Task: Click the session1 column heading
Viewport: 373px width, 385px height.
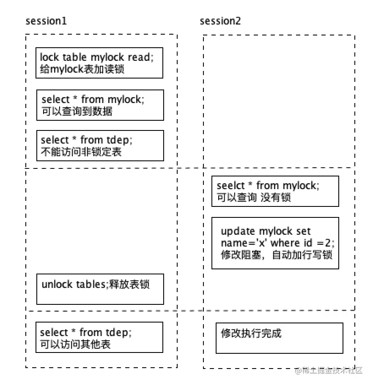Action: [46, 21]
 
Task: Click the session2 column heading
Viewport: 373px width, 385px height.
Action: [220, 21]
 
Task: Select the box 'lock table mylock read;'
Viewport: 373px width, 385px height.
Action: [99, 63]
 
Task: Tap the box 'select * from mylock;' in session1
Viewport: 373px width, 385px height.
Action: [100, 105]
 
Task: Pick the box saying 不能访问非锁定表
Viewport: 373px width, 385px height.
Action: [100, 146]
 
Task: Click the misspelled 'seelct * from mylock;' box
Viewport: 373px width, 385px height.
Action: [275, 191]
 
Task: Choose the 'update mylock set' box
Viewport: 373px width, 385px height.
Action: [275, 243]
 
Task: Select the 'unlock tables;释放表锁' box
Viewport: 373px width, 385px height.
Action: [100, 289]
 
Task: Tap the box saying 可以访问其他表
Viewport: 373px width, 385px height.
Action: [99, 338]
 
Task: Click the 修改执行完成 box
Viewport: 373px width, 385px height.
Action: [279, 338]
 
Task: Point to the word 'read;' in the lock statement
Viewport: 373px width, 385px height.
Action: [140, 57]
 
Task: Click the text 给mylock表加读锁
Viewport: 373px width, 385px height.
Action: [82, 69]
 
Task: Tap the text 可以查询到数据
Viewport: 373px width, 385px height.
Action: [77, 111]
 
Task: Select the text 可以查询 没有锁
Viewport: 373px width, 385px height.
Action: [254, 197]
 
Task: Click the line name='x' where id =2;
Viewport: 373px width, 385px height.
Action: [277, 243]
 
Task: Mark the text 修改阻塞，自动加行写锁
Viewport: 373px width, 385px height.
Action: [277, 255]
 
